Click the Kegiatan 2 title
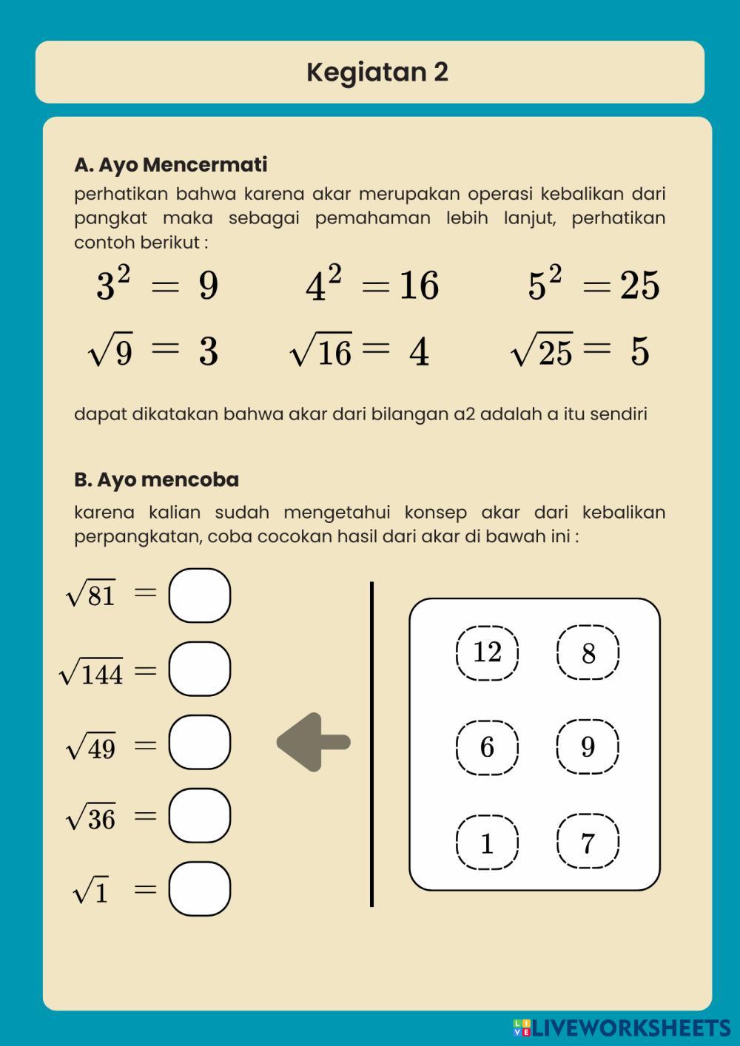tap(377, 72)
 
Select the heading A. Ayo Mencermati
tap(170, 164)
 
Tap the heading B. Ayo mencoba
tap(156, 479)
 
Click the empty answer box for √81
tap(199, 595)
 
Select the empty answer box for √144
tap(199, 669)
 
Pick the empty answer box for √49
tap(199, 742)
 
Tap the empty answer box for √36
tap(199, 815)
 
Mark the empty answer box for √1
tap(199, 888)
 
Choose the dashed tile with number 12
tap(487, 652)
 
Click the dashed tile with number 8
tap(588, 652)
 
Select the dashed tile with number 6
tap(487, 747)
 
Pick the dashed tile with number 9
tap(588, 747)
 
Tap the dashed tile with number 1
tap(487, 843)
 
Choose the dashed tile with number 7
tap(588, 843)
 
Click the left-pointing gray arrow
tap(313, 742)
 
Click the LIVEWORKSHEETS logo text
tap(630, 1028)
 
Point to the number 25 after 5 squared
tap(640, 286)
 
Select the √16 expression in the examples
tap(321, 351)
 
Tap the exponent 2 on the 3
tap(124, 274)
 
